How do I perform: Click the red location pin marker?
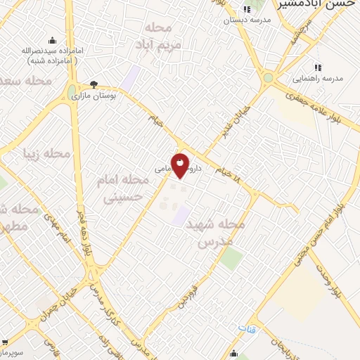181,166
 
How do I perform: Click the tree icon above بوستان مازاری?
94,84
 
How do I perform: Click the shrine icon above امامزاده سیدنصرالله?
51,39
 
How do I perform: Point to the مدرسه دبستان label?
245,20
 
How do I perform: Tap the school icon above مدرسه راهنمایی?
317,67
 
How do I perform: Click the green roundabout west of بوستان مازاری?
73,91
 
